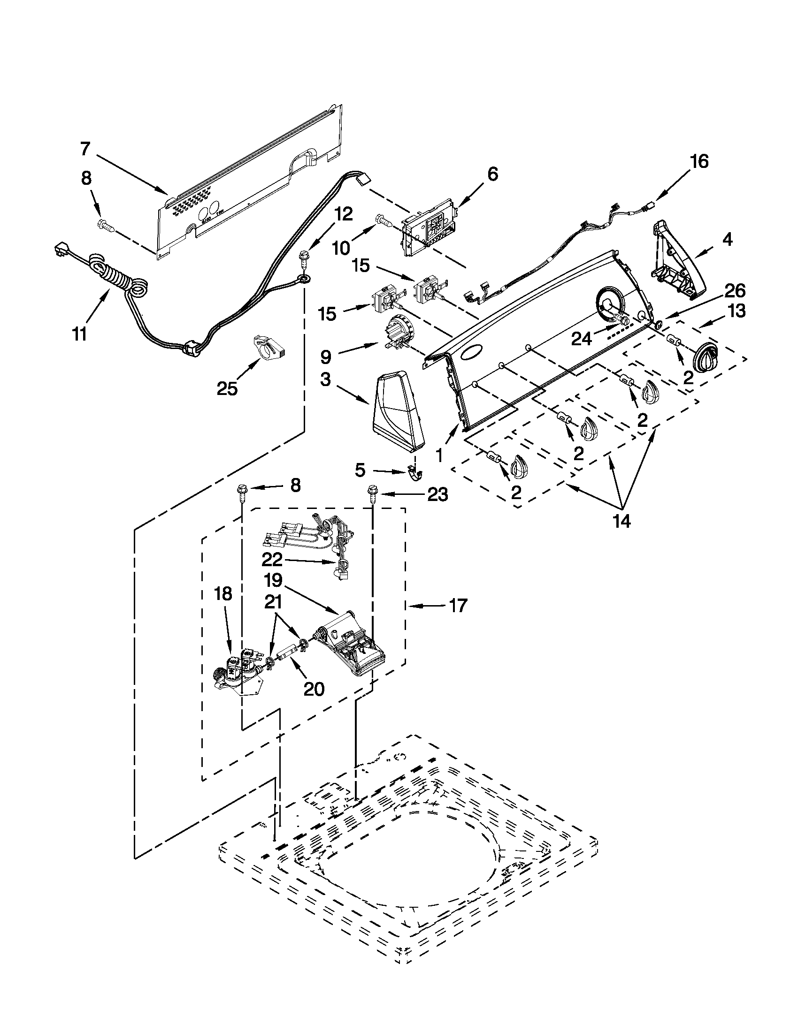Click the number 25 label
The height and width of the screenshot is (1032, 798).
(227, 389)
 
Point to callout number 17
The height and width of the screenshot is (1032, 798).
(457, 606)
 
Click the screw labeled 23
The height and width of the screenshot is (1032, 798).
(371, 494)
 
